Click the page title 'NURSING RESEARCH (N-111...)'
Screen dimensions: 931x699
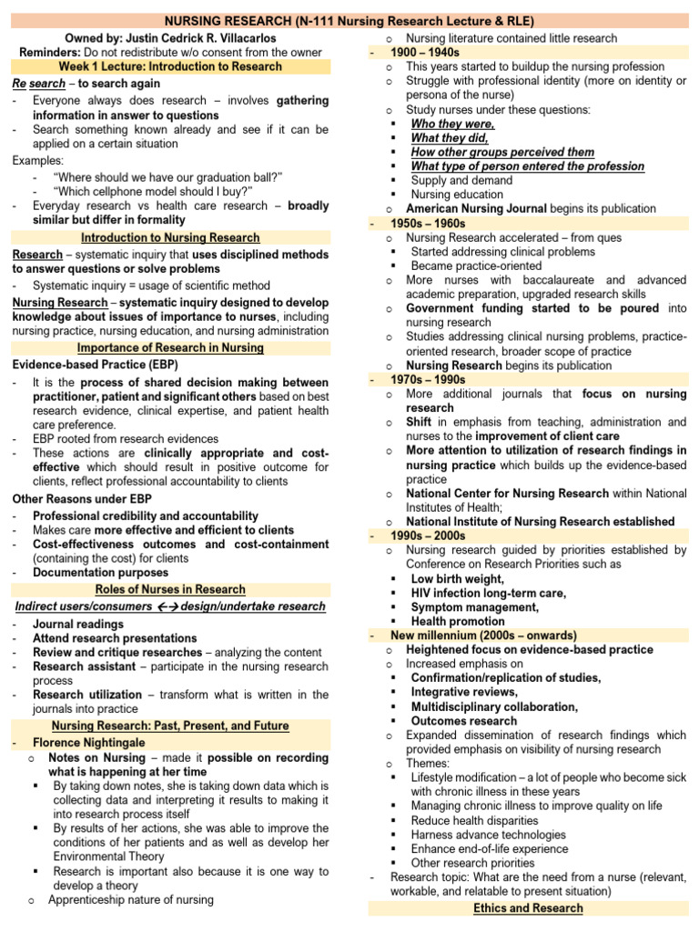tap(349, 21)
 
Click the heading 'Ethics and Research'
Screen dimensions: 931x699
tap(529, 908)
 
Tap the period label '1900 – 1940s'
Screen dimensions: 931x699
tap(425, 53)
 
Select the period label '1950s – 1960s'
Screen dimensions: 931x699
tap(428, 223)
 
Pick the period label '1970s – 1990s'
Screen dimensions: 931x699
tap(428, 379)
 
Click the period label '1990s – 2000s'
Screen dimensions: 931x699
tap(428, 536)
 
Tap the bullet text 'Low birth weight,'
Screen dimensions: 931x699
tap(457, 578)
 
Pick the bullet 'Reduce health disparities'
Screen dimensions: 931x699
tap(476, 820)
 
